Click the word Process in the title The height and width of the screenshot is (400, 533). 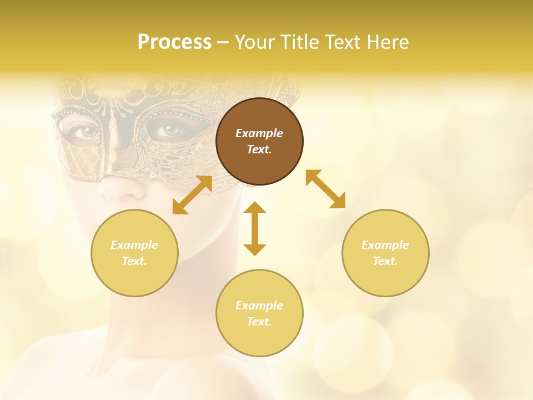(174, 42)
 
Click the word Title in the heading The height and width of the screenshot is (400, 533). (298, 42)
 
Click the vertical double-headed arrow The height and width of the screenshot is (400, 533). (255, 228)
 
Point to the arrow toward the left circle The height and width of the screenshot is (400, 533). (192, 195)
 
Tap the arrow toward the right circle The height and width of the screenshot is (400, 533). (325, 189)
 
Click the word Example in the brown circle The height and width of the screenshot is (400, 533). (259, 133)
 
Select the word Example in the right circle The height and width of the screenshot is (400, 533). (385, 245)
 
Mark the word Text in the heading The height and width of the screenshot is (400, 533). (341, 42)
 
